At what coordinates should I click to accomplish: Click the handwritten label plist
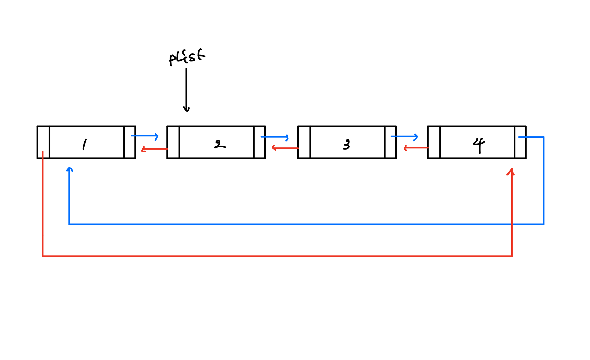pos(187,57)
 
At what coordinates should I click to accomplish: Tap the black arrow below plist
pos(186,89)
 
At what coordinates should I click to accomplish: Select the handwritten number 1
pos(84,145)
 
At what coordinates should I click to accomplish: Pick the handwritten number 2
pos(219,145)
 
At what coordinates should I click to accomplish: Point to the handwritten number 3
pos(346,145)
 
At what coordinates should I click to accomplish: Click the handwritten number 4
pos(479,145)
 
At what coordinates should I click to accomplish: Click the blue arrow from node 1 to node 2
pos(145,136)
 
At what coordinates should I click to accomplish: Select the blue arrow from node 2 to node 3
pos(274,137)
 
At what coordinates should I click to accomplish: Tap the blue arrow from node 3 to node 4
pos(404,137)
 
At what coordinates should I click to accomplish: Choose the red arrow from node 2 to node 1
pos(154,149)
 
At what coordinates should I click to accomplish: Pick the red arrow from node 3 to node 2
pos(285,148)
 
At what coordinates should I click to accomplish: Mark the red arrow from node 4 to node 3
pos(416,148)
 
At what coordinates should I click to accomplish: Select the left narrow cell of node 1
pos(44,142)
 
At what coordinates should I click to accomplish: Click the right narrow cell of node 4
pos(520,142)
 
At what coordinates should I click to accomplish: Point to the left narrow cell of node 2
pos(173,142)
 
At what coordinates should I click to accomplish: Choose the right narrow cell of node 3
pos(390,142)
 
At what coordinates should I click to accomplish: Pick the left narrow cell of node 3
pos(304,142)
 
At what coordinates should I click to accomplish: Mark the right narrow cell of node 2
pos(260,142)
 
